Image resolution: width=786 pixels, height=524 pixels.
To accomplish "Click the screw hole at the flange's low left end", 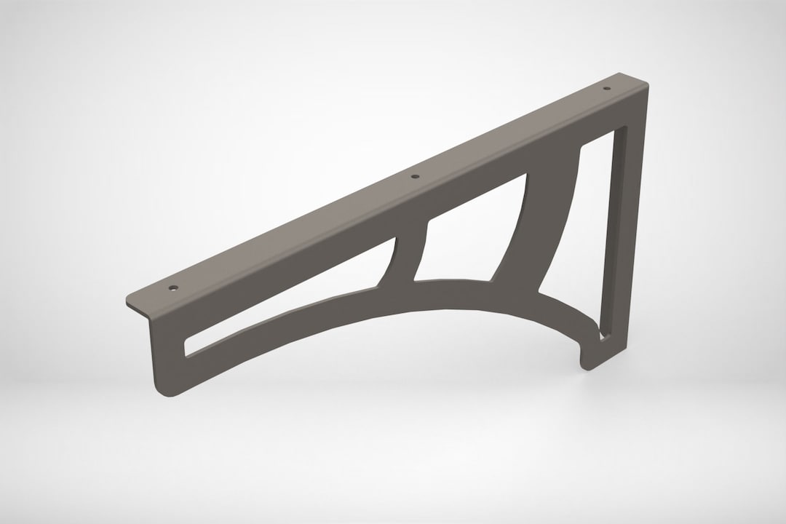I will click(x=173, y=287).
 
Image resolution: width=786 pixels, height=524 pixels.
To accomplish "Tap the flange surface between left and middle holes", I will click(x=291, y=233).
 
